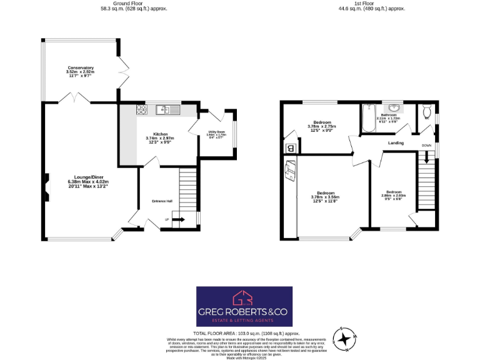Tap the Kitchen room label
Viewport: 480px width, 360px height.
click(x=159, y=138)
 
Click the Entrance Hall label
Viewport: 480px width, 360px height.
click(x=161, y=201)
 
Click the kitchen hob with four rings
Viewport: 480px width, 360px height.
click(x=142, y=111)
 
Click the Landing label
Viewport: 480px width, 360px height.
click(x=396, y=143)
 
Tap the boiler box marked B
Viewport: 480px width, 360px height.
click(x=289, y=148)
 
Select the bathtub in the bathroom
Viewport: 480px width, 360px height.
click(x=367, y=119)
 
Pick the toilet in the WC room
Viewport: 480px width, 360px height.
click(x=427, y=112)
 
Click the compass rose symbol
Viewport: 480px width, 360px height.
click(x=344, y=337)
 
